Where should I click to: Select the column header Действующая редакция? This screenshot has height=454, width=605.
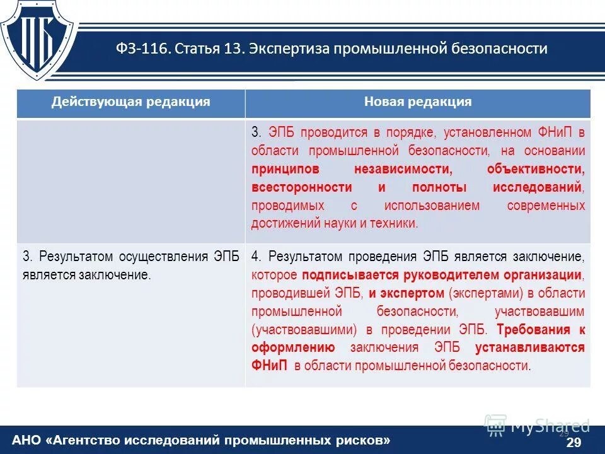click(x=130, y=102)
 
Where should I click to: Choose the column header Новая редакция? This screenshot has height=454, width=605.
click(x=417, y=102)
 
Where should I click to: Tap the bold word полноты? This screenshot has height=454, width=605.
click(x=439, y=187)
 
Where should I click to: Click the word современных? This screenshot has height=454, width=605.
click(x=546, y=206)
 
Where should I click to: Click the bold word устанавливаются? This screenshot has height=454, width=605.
click(x=530, y=347)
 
